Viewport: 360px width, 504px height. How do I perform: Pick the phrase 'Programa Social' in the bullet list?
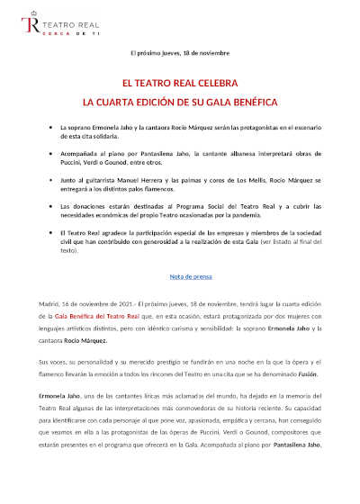tap(193, 206)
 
